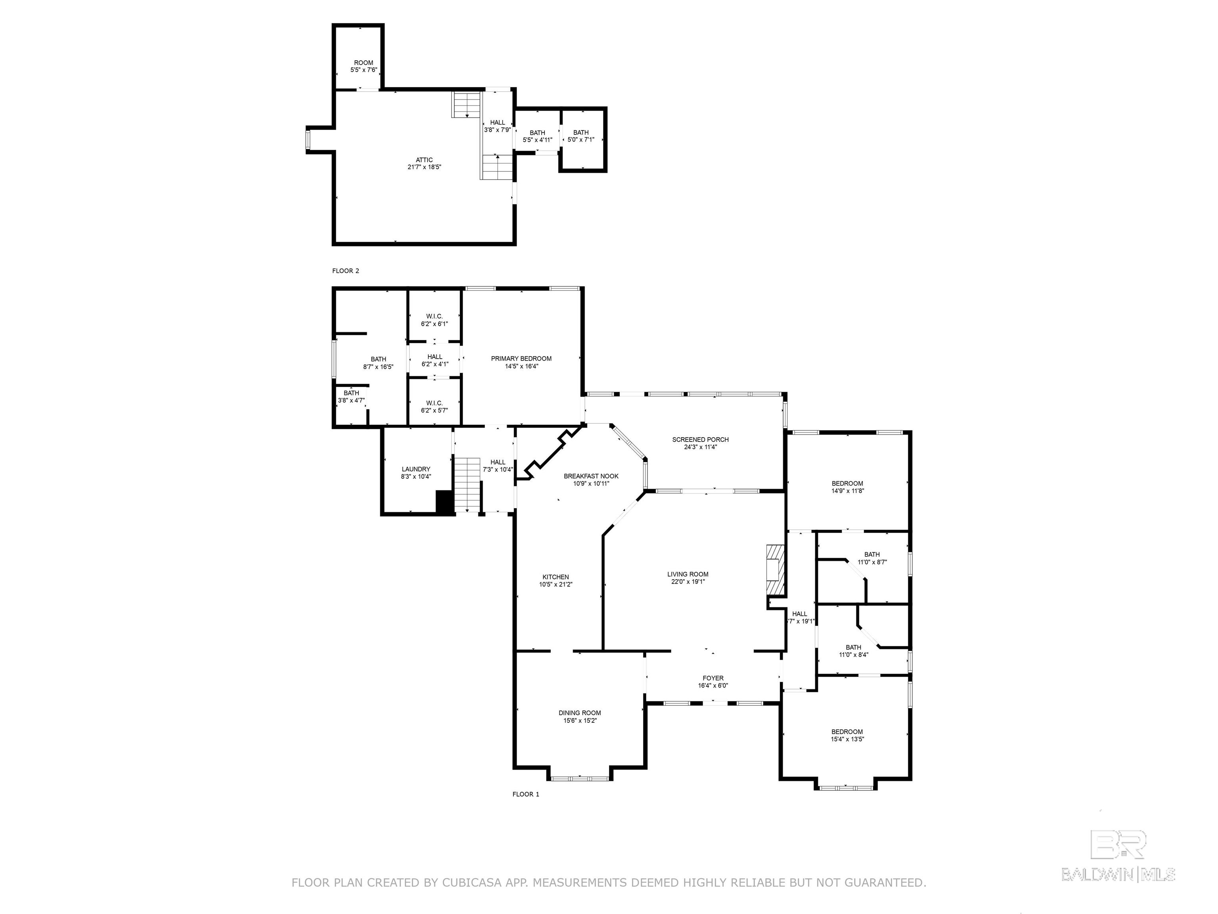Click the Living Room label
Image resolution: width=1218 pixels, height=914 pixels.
click(688, 574)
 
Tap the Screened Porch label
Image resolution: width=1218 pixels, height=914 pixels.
click(701, 440)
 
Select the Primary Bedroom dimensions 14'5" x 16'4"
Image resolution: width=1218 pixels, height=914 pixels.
click(521, 366)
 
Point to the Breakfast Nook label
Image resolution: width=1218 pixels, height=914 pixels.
click(591, 476)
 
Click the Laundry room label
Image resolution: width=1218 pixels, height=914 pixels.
click(416, 469)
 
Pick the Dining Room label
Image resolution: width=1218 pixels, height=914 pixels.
click(580, 713)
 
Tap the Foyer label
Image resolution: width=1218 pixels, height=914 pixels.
click(713, 678)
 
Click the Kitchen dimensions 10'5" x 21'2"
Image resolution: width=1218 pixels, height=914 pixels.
click(555, 585)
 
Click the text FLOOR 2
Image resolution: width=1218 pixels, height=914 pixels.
click(346, 271)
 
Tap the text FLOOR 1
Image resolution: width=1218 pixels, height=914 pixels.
click(526, 794)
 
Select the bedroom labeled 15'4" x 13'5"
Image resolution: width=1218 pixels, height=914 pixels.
click(847, 735)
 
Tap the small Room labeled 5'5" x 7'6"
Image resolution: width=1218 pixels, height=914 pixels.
click(364, 66)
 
